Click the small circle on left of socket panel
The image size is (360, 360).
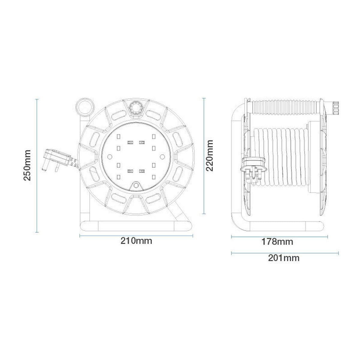(109, 156)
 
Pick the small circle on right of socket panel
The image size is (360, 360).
(163, 156)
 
